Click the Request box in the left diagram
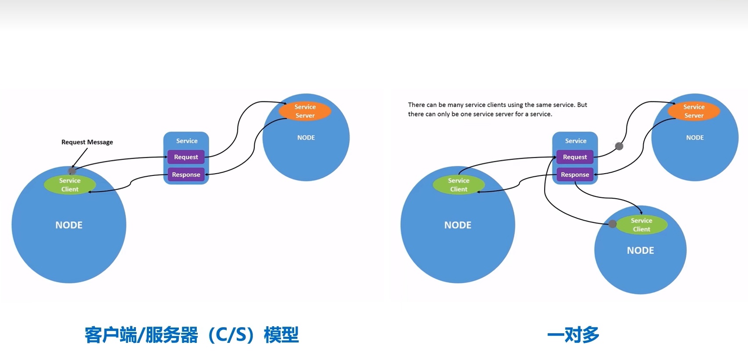(x=186, y=157)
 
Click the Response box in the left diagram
(x=186, y=175)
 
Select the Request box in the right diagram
(x=575, y=157)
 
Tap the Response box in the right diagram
(x=575, y=175)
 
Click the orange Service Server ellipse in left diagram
(x=305, y=111)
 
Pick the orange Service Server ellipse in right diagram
(x=694, y=111)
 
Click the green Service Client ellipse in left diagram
(x=70, y=185)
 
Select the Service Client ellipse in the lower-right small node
(x=641, y=225)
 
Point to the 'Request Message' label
(x=87, y=142)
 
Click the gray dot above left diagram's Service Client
(x=72, y=171)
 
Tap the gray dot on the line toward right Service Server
(x=619, y=146)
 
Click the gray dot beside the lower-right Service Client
(x=613, y=224)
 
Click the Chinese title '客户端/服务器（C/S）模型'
(x=192, y=335)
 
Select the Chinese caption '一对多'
(x=573, y=335)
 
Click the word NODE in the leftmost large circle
(x=69, y=225)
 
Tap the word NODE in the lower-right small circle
(x=640, y=250)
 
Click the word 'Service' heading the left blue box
(x=187, y=141)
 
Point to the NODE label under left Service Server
(x=306, y=138)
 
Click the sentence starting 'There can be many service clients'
(x=497, y=109)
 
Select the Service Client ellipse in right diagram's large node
(x=459, y=185)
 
